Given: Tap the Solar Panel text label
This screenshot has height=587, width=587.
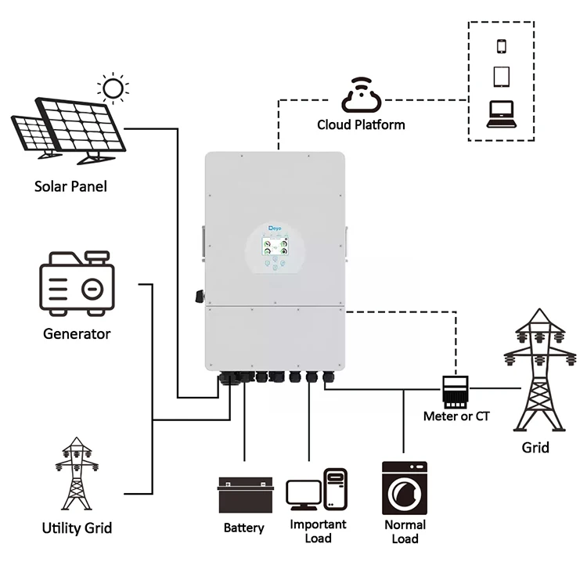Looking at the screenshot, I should [x=70, y=186].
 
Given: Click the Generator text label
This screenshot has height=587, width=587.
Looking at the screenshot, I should [x=77, y=334].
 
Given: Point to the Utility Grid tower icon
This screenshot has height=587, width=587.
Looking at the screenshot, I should [x=77, y=474].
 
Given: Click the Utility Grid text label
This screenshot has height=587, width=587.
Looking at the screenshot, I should [x=77, y=528].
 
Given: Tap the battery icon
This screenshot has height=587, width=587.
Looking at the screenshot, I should [x=246, y=494].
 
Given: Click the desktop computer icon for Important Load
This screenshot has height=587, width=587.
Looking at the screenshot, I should [x=317, y=490].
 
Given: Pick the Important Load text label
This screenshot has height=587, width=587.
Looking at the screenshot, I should [x=318, y=531].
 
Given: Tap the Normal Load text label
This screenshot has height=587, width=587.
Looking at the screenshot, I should [x=405, y=531].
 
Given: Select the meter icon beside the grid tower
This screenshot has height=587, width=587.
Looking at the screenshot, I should [x=455, y=389].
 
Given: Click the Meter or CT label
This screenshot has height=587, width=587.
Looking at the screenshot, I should [x=456, y=416].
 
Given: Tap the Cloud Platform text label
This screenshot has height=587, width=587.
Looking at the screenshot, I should [x=361, y=124].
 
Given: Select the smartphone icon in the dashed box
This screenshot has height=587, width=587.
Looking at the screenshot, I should [x=501, y=45].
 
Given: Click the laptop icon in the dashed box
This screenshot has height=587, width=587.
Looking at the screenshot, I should [x=501, y=114].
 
